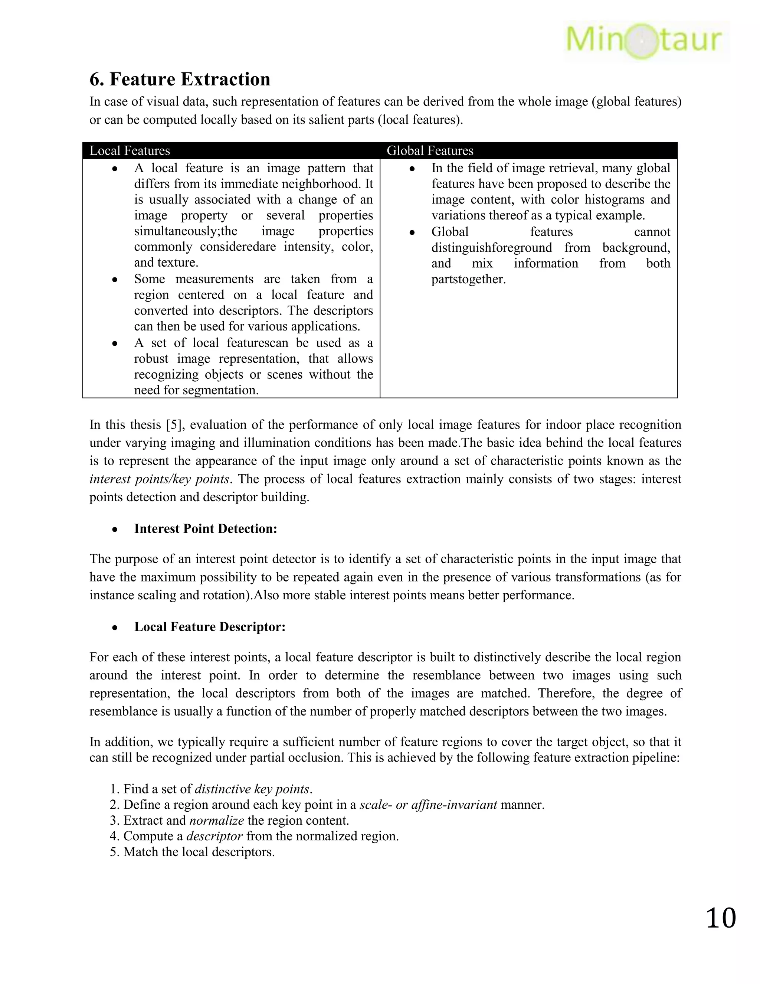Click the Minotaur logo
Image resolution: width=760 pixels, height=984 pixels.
pyautogui.click(x=645, y=40)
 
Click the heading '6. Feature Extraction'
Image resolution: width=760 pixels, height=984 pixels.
pyautogui.click(x=180, y=79)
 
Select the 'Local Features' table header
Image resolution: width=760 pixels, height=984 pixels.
pyautogui.click(x=130, y=150)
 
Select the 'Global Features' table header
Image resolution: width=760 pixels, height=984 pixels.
pyautogui.click(x=430, y=150)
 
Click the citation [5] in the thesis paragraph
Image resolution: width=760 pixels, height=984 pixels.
pyautogui.click(x=173, y=425)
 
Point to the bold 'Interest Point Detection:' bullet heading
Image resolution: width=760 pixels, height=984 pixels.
pyautogui.click(x=205, y=528)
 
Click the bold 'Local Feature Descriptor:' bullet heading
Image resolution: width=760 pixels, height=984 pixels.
pyautogui.click(x=210, y=627)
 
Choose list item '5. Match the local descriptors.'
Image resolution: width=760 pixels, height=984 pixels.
pyautogui.click(x=192, y=852)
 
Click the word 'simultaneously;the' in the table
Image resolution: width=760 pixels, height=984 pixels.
pyautogui.click(x=186, y=231)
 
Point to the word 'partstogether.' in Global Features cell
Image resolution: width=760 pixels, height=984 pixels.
pyautogui.click(x=469, y=279)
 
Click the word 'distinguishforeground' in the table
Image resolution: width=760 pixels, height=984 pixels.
pyautogui.click(x=492, y=248)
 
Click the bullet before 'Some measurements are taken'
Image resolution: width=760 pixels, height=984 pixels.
pyautogui.click(x=115, y=279)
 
